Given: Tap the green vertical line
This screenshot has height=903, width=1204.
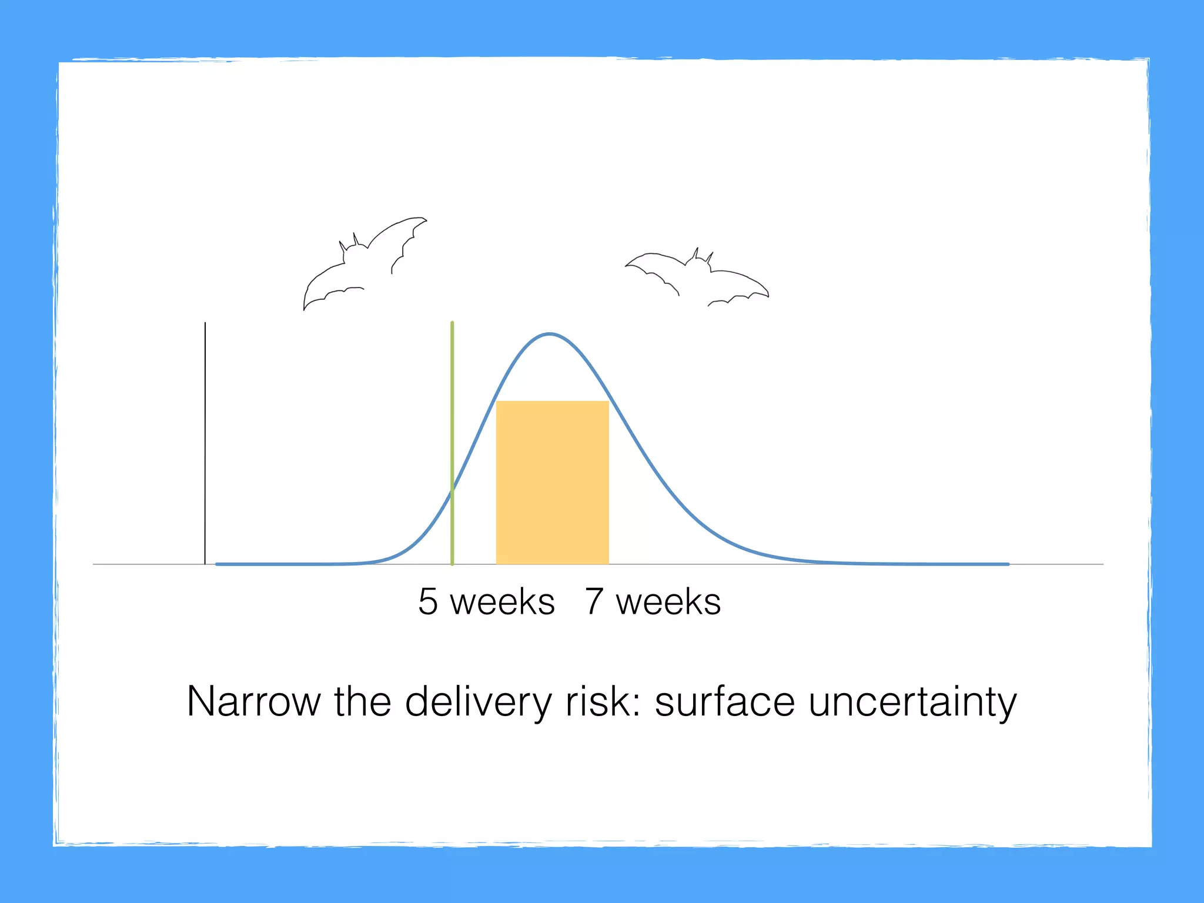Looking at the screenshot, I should pos(452,412).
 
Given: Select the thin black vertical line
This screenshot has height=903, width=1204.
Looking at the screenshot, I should pos(205,441).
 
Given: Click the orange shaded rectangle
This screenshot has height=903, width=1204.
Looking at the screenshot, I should pos(552,482).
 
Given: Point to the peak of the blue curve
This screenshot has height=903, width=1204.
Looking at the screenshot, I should pos(549,334).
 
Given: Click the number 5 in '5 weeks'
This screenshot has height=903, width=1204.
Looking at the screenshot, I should pos(428,602).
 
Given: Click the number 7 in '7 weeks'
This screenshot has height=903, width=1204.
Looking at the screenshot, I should pos(594,602).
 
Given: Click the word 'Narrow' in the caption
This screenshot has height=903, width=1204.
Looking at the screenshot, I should pos(253,701).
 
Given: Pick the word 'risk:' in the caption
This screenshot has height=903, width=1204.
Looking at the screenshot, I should pos(603,701).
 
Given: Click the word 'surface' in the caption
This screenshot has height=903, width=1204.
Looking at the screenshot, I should pos(724,701).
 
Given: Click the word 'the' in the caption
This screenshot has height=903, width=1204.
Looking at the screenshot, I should pos(363,701).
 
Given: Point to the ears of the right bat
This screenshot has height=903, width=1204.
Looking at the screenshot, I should pos(703,256).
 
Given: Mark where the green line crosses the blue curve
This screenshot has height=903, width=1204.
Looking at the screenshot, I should pos(452,491).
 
